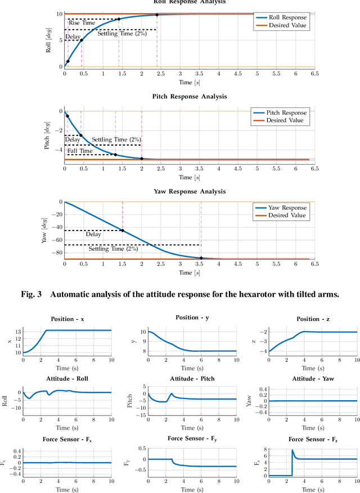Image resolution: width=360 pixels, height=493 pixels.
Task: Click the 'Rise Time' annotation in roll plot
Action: pos(80,22)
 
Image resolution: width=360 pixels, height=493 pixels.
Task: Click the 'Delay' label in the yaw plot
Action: pos(93,234)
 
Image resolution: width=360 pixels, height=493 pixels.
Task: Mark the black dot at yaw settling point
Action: pos(201,257)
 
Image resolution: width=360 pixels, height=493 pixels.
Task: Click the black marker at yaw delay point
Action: pos(122,230)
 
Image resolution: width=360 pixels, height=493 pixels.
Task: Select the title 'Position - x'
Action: pos(67,319)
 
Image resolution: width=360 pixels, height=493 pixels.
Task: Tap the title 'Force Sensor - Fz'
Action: pos(304,438)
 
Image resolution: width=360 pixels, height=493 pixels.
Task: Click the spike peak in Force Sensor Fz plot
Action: pos(292,450)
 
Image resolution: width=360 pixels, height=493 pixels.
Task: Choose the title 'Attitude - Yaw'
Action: pos(304,379)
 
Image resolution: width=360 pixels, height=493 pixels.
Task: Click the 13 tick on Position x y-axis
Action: pos(16,332)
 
